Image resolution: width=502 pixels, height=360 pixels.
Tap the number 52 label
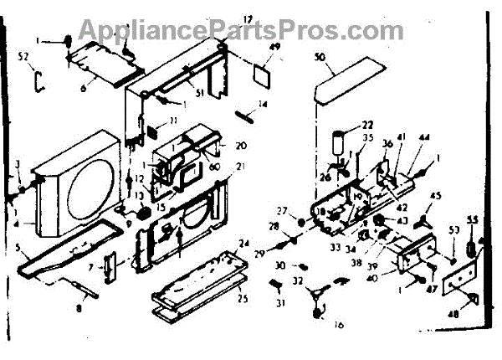(x=23, y=57)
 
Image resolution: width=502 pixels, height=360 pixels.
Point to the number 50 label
(x=319, y=58)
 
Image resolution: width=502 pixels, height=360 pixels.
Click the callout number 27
(x=281, y=211)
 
